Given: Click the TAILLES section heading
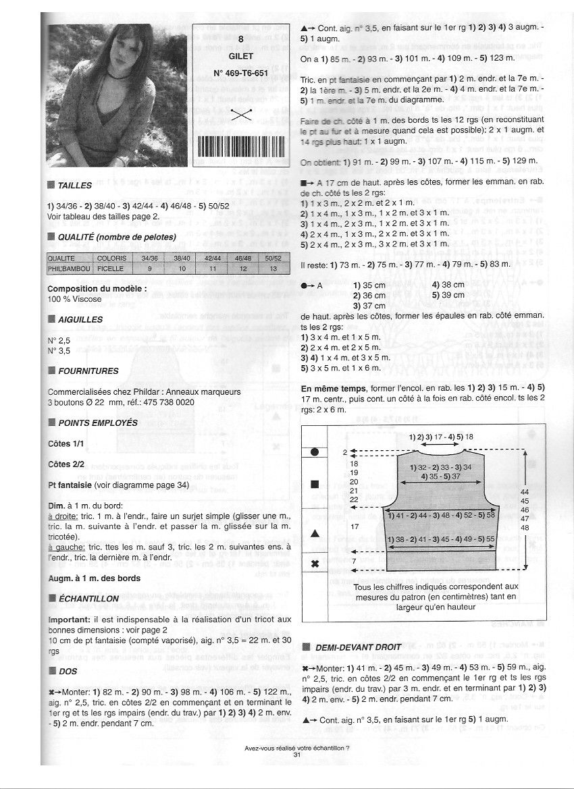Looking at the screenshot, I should [x=74, y=185].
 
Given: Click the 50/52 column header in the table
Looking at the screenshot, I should [x=273, y=259].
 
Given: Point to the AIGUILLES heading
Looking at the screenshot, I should [x=80, y=319].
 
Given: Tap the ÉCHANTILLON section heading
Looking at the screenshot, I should [x=88, y=599].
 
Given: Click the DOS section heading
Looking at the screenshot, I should [x=68, y=671].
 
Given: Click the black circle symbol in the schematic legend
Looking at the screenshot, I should [x=314, y=452].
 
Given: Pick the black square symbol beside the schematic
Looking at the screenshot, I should [x=314, y=484].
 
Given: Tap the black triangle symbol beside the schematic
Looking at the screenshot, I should [x=314, y=533].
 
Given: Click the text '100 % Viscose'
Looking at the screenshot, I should [x=73, y=298].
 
